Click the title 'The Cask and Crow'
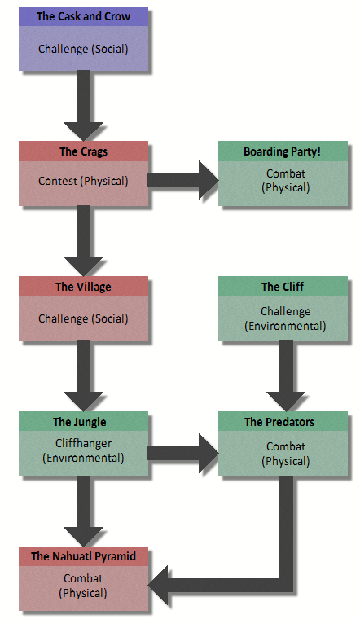coord(83,15)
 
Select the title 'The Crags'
coord(83,151)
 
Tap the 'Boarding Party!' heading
coord(283,151)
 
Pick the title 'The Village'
coord(83,287)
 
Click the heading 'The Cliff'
coord(283,287)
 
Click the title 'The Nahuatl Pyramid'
coord(83,557)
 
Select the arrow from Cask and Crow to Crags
coord(83,106)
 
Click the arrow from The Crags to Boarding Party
coord(183,181)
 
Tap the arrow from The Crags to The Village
coord(83,241)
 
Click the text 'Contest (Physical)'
coord(83,181)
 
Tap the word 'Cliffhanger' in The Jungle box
coord(83,444)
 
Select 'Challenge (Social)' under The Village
coord(83,318)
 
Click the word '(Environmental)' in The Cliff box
coord(285,326)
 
